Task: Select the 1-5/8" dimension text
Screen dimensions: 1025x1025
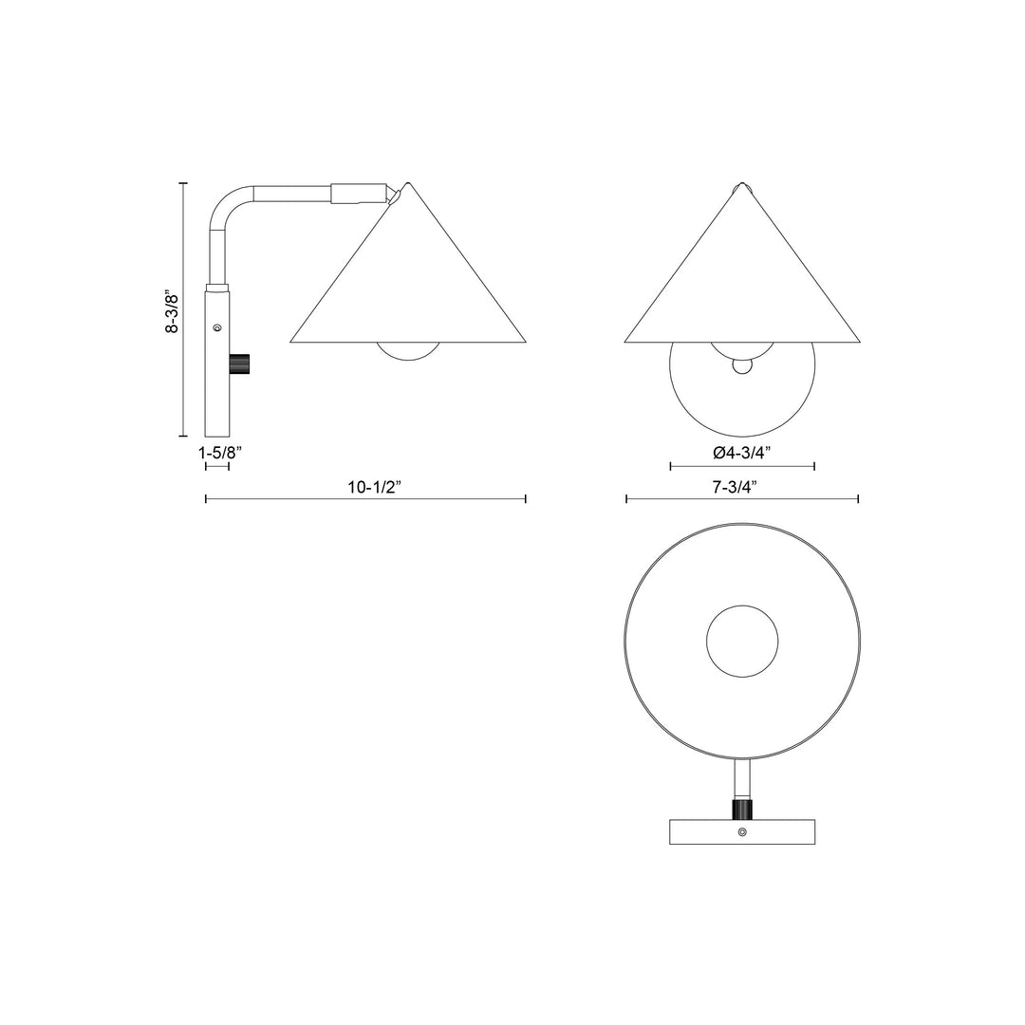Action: (x=220, y=454)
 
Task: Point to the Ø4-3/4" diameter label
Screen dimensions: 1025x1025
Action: (x=742, y=453)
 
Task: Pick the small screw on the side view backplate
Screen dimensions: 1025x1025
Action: (x=218, y=327)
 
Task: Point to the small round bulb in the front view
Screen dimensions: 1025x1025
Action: (x=742, y=365)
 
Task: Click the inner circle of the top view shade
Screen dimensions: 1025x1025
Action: (x=743, y=639)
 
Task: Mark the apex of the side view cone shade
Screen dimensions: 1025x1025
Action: (x=409, y=183)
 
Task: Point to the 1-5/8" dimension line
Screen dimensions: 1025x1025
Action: (x=217, y=467)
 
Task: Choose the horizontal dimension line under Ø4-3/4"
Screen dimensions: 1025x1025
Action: (x=742, y=466)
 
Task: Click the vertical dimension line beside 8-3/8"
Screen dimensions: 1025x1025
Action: (x=183, y=309)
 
